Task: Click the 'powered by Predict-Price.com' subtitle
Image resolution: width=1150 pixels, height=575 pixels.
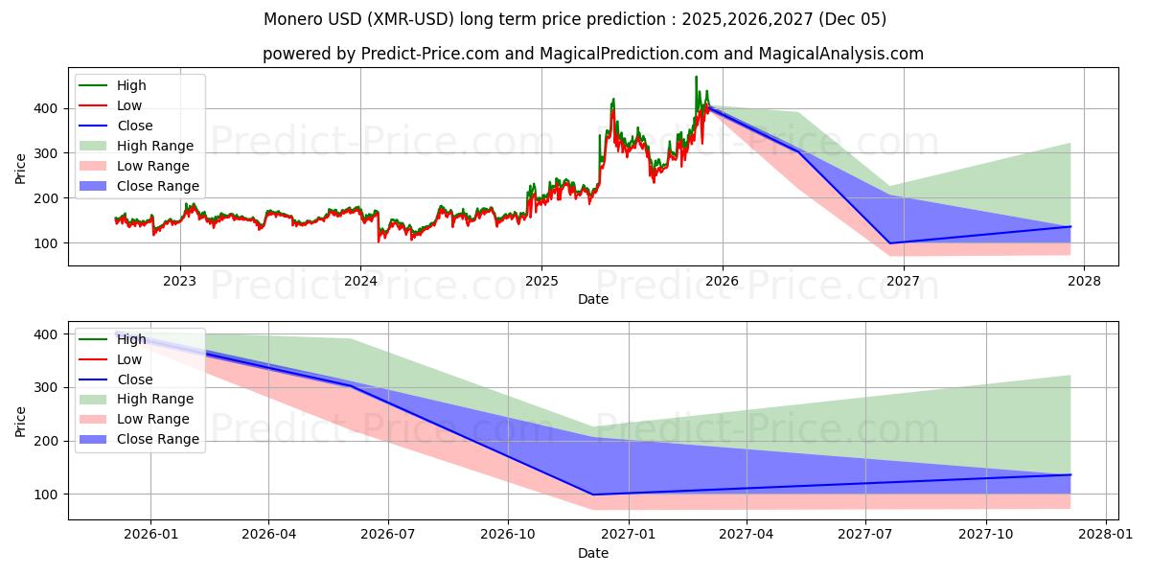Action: [x=593, y=54]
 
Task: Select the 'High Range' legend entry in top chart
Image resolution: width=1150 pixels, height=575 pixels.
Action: [x=154, y=146]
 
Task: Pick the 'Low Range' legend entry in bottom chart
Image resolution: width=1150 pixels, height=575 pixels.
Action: [x=153, y=419]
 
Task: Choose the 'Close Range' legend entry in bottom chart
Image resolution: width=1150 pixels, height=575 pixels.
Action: [x=158, y=439]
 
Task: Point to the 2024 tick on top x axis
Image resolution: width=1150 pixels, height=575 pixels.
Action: [x=360, y=281]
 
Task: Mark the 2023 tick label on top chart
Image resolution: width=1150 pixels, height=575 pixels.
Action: [x=179, y=281]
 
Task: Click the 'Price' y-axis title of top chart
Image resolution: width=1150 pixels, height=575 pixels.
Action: [x=21, y=168]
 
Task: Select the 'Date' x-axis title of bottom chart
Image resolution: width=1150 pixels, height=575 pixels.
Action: [x=593, y=553]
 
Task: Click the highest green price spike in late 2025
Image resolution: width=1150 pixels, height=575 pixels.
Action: [x=696, y=78]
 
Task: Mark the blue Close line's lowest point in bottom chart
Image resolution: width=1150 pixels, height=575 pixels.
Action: [x=593, y=494]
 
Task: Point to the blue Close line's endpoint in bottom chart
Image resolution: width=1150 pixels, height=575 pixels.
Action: [x=1070, y=474]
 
